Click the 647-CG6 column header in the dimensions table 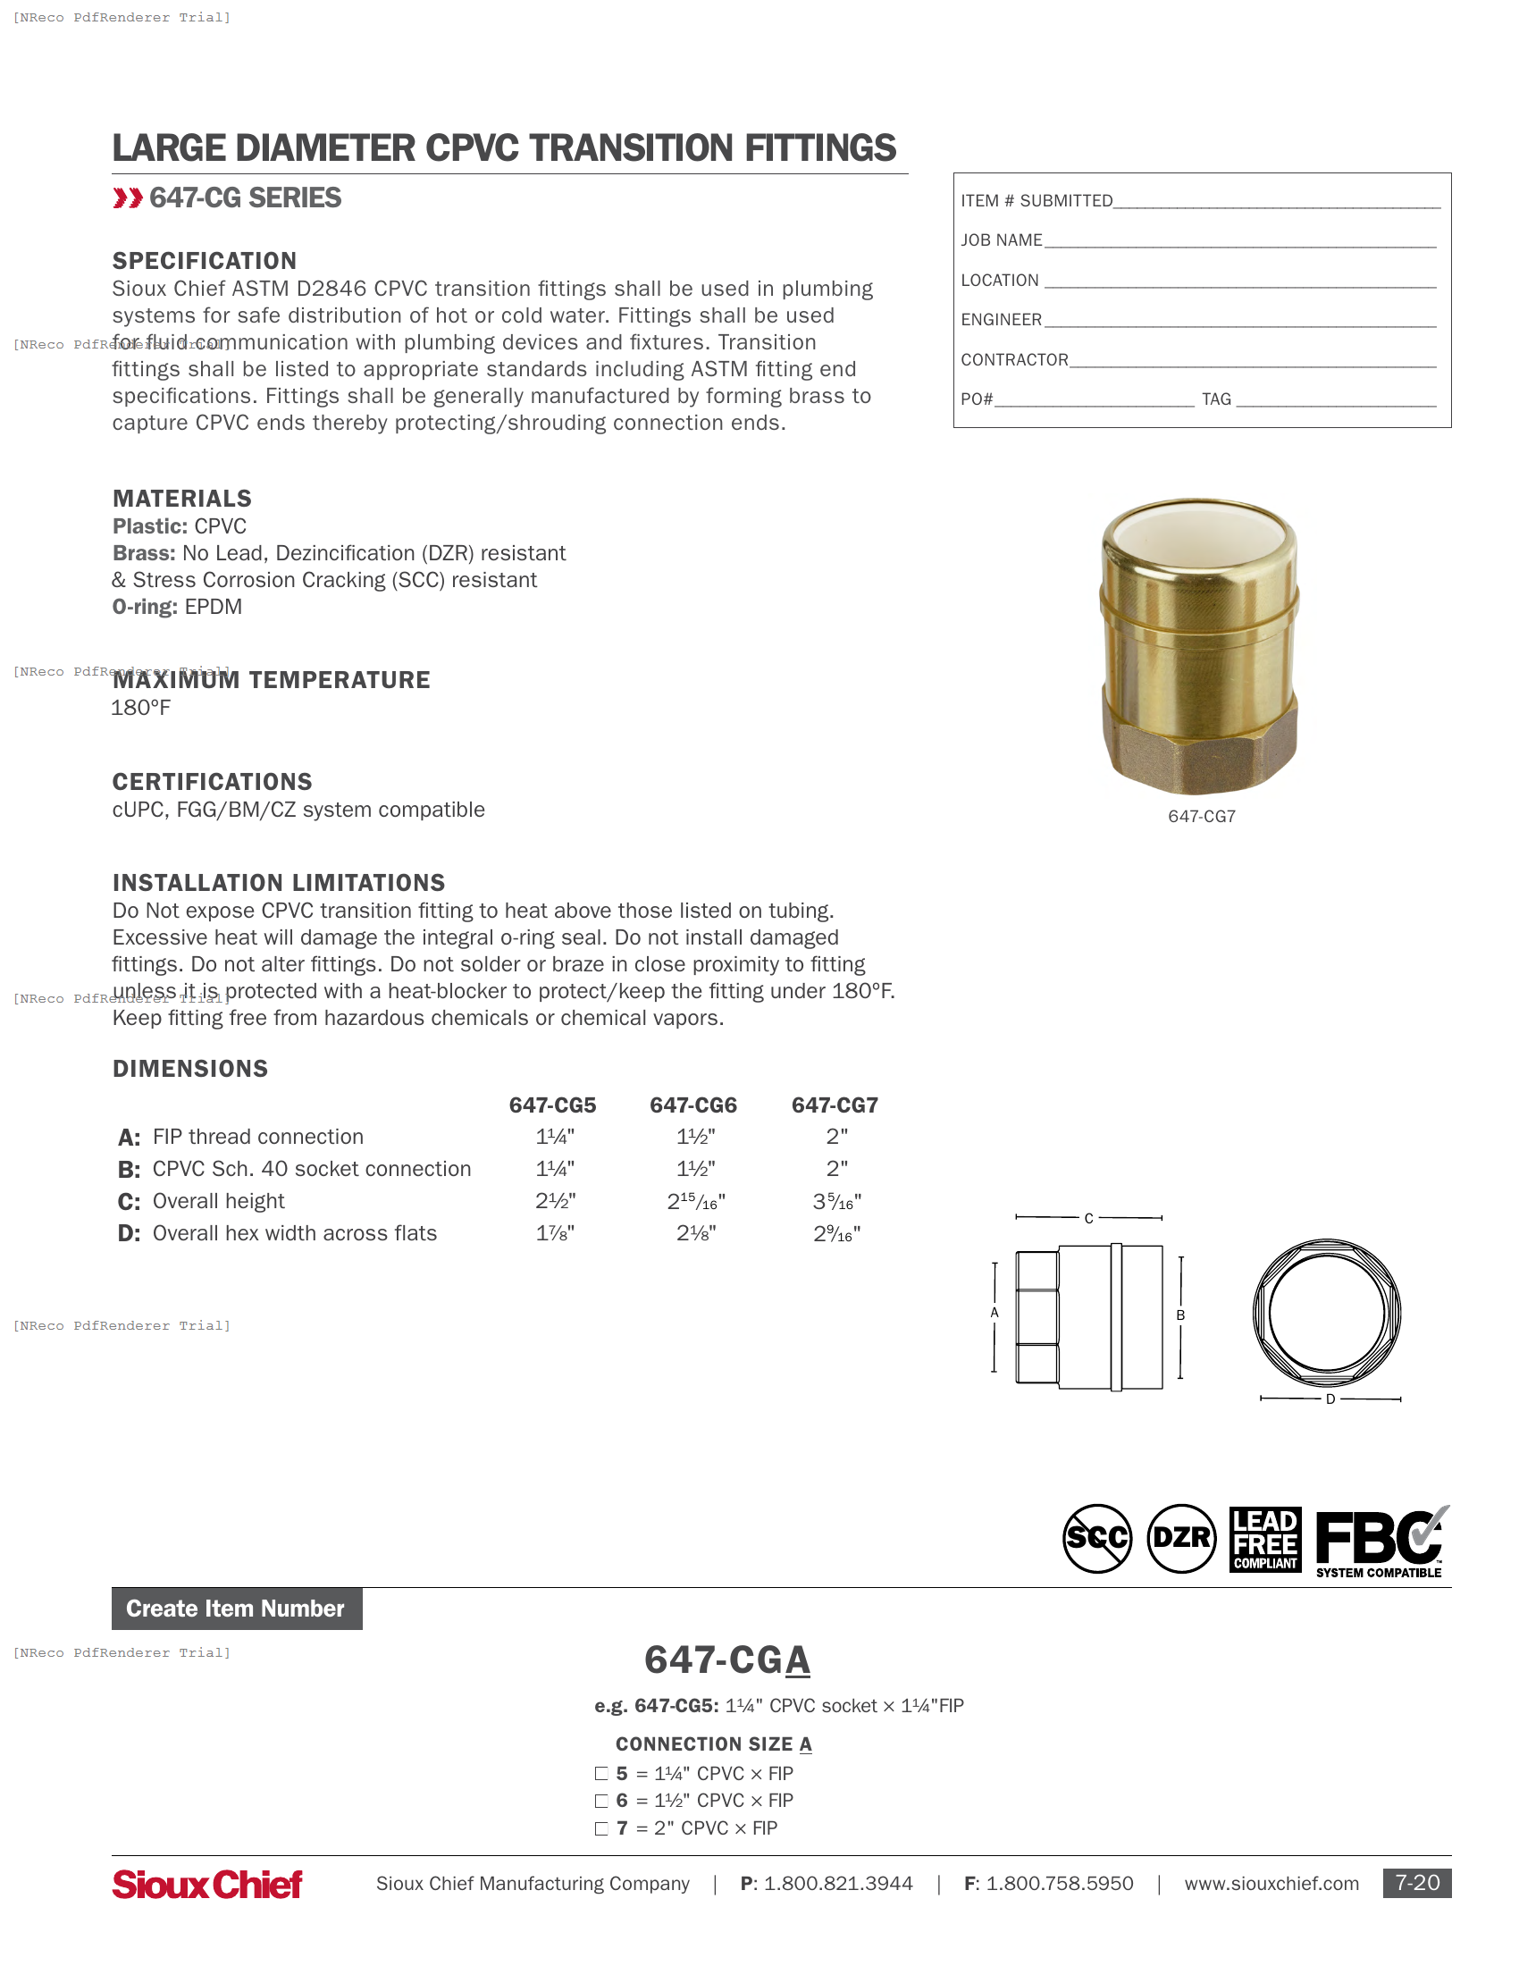coord(692,1105)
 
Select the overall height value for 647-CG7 coord(836,1201)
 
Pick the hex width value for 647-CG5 coord(555,1233)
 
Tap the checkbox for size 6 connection coord(601,1801)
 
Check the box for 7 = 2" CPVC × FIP coord(601,1828)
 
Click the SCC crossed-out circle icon coord(1097,1539)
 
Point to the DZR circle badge coord(1181,1539)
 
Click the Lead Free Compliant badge coord(1265,1540)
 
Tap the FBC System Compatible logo coord(1381,1542)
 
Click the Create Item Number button coord(237,1609)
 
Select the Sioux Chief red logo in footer coord(207,1884)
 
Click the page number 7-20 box coord(1416,1883)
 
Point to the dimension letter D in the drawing coord(1330,1399)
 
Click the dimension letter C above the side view coord(1088,1218)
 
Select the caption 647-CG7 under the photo coord(1201,817)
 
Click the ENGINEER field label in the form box coord(1001,320)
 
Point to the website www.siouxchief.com coord(1271,1883)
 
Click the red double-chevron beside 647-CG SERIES coord(128,198)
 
